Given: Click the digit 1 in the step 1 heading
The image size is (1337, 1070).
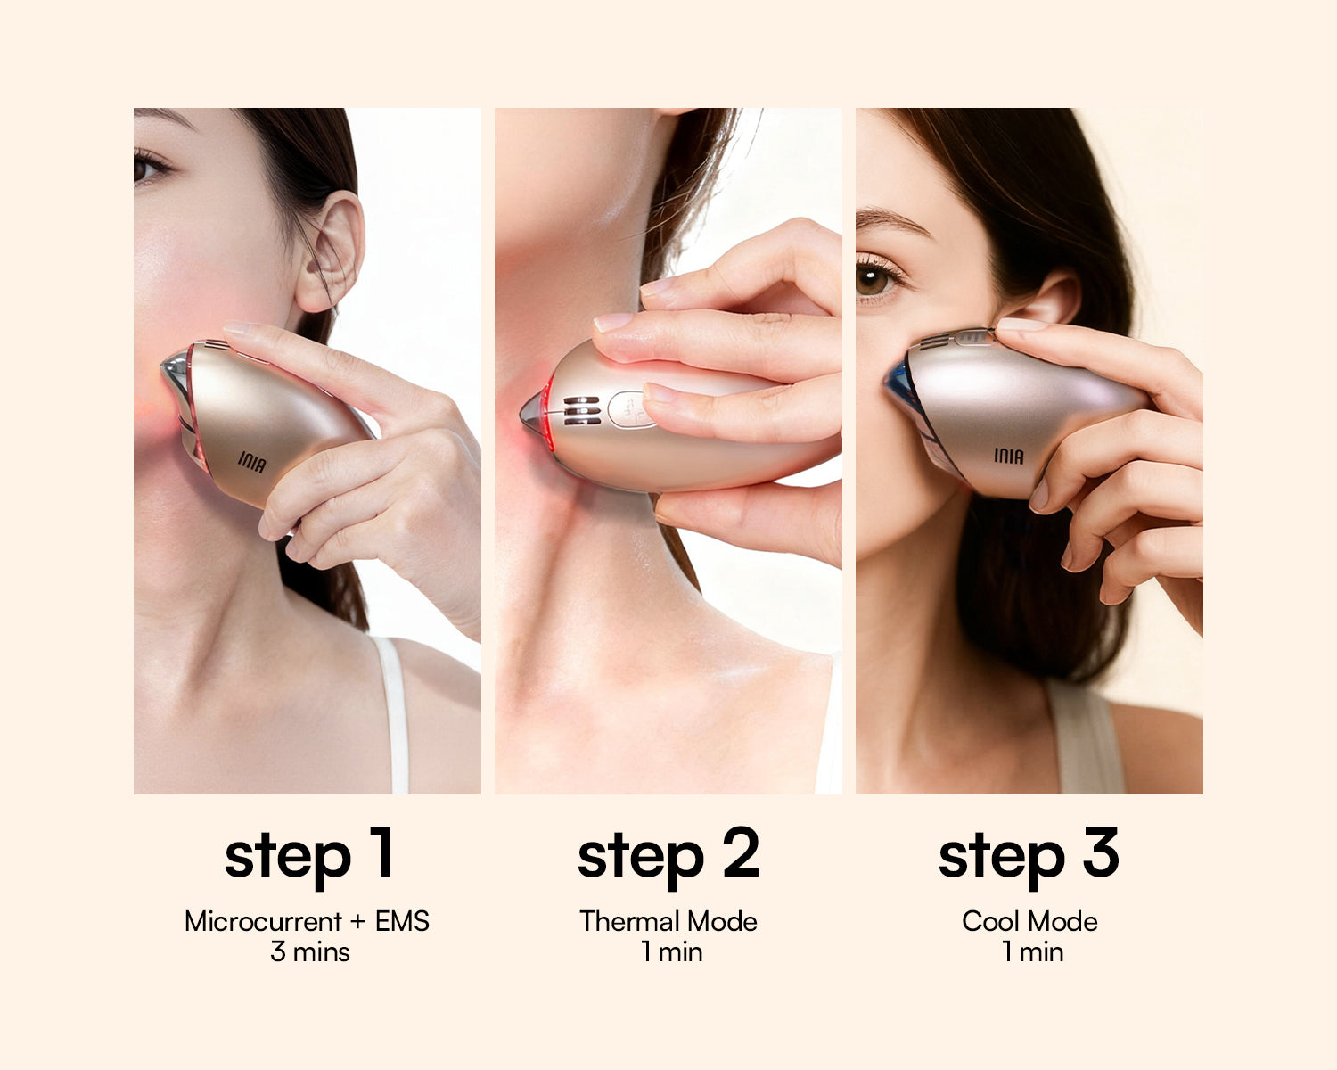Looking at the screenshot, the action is coord(382,852).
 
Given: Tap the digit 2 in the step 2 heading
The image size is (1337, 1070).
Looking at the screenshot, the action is coord(742,852).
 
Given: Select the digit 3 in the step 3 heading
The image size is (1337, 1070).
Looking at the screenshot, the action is coord(1102,852).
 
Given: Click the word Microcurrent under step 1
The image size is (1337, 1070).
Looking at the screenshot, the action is coord(264,921).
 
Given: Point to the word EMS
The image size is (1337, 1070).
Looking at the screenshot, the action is coord(402,921).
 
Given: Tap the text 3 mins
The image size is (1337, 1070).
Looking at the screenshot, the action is coord(310,952).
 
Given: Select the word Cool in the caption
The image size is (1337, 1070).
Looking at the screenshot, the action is coord(988,921).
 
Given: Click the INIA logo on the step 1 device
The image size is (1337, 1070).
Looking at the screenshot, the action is coord(252,462).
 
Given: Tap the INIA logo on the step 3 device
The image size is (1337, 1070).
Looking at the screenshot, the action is coord(1008,456).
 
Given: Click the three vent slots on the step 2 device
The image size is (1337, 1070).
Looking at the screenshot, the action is coord(581,411).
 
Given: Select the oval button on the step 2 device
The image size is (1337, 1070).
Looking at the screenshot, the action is coord(630,410).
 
